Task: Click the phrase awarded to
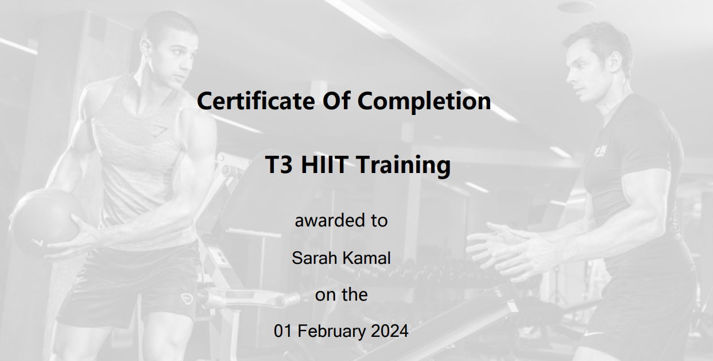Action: pyautogui.click(x=341, y=220)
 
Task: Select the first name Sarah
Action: pyautogui.click(x=315, y=258)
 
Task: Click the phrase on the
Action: pyautogui.click(x=341, y=295)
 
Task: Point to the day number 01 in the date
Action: pyautogui.click(x=283, y=331)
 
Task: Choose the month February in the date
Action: pyautogui.click(x=331, y=331)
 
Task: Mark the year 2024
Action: pyautogui.click(x=389, y=331)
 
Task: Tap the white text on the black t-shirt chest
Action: pyautogui.click(x=601, y=151)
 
